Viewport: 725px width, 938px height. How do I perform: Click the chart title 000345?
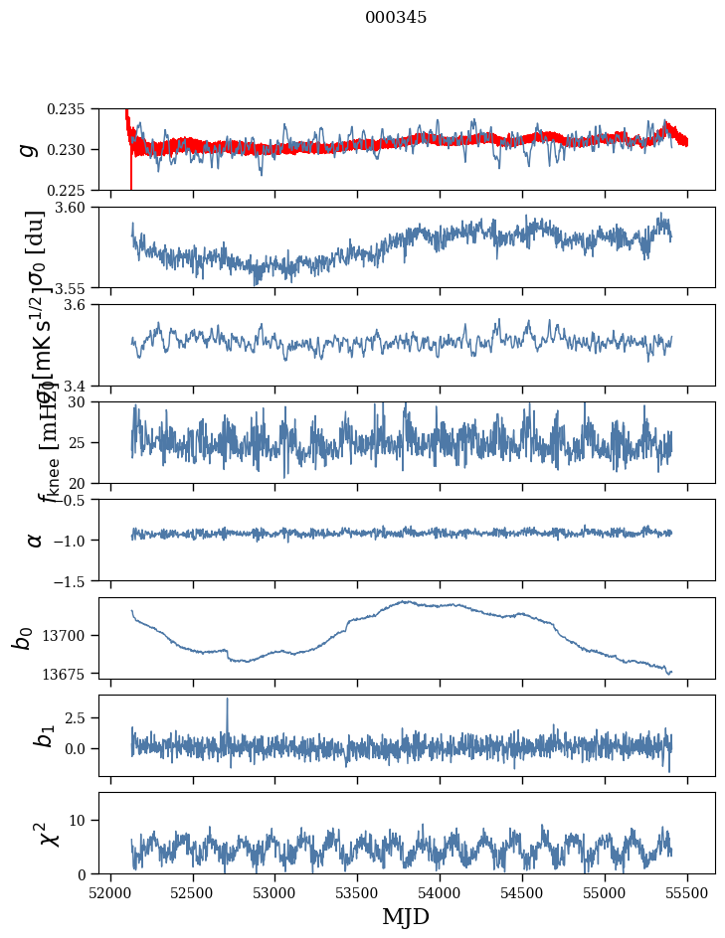tap(396, 18)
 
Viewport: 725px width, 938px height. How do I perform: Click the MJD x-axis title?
tap(406, 917)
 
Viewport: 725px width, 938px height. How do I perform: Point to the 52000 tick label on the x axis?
tap(110, 892)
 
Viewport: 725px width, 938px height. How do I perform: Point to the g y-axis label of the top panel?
tap(29, 149)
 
